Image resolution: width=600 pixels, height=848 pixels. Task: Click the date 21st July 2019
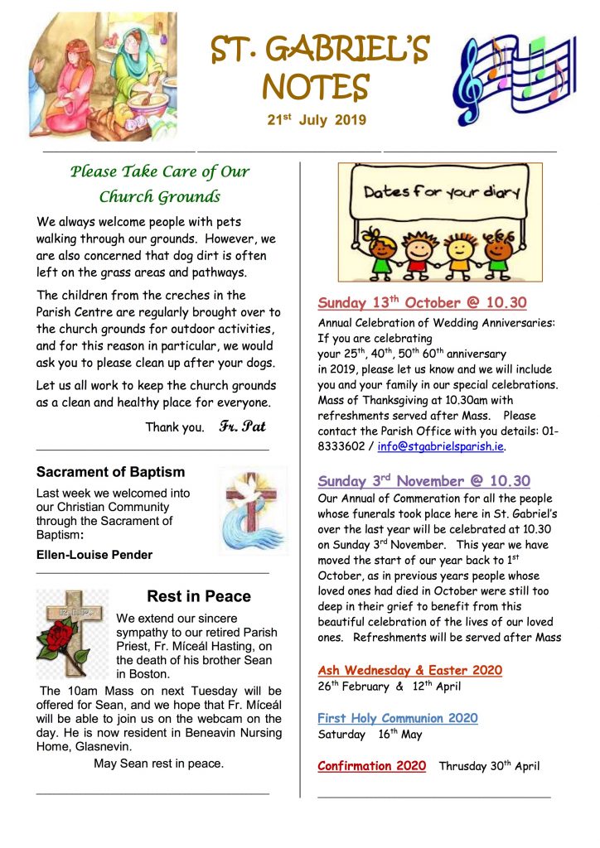pos(316,121)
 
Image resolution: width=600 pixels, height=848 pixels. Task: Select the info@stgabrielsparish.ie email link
pos(441,446)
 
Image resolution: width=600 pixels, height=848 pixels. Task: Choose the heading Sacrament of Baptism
pos(110,473)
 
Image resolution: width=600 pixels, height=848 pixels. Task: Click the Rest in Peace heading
pos(198,596)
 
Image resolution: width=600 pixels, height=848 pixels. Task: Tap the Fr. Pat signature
pos(242,427)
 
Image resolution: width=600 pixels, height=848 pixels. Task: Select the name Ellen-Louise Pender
pos(94,555)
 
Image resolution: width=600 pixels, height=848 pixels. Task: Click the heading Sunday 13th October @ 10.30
pos(422,302)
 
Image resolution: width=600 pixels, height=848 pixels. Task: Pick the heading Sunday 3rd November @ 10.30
pos(423,480)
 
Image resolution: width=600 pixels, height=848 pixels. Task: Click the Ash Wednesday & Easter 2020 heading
pos(409,670)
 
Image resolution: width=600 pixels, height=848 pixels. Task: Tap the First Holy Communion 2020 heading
pos(398,718)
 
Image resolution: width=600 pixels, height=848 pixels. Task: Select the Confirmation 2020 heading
pos(371,766)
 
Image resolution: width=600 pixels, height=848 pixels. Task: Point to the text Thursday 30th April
pos(489,766)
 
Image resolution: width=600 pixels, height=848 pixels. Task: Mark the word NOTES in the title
pos(316,87)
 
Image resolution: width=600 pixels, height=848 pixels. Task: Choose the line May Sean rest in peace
pos(158,764)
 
